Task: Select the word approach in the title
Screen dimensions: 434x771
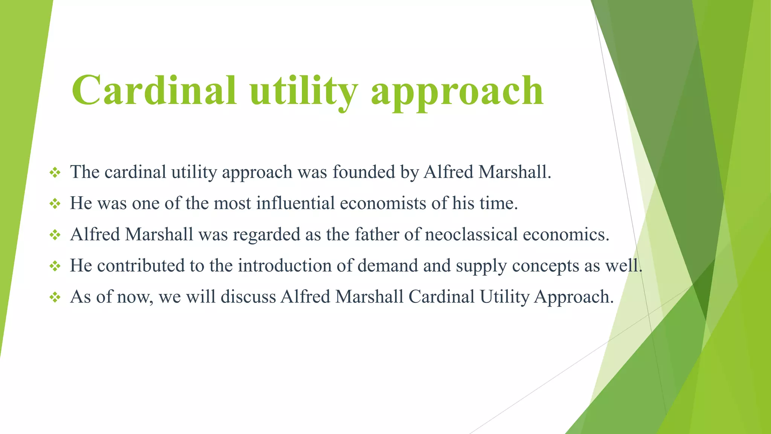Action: point(457,92)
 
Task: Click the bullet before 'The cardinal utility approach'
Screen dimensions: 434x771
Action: point(55,173)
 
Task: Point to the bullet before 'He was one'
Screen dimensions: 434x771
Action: point(55,204)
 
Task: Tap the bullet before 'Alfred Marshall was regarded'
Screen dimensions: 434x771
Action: point(55,235)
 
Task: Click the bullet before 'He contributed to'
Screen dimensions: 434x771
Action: point(55,267)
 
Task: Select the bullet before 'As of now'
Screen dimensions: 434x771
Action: point(55,298)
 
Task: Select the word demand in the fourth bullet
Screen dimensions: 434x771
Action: point(388,266)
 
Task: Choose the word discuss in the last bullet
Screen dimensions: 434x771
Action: point(248,297)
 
